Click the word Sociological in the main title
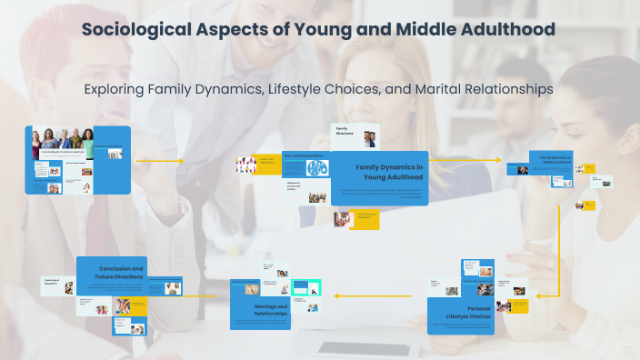135,29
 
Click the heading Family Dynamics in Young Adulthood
389,172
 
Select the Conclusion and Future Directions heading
121,274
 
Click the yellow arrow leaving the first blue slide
158,161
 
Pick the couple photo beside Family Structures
370,139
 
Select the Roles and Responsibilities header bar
305,155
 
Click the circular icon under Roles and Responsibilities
315,168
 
